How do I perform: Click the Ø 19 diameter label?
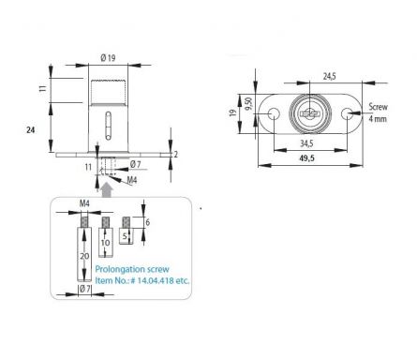pos(108,58)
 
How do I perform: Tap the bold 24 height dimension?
pos(31,129)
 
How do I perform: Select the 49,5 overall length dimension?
pos(307,158)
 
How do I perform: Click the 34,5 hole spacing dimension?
pos(306,143)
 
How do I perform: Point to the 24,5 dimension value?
pos(330,76)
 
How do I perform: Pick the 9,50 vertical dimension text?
pos(249,103)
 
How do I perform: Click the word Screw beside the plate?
pos(378,107)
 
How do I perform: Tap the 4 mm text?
pos(378,119)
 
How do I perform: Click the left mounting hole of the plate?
pos(274,113)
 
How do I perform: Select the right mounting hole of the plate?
pos(347,113)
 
